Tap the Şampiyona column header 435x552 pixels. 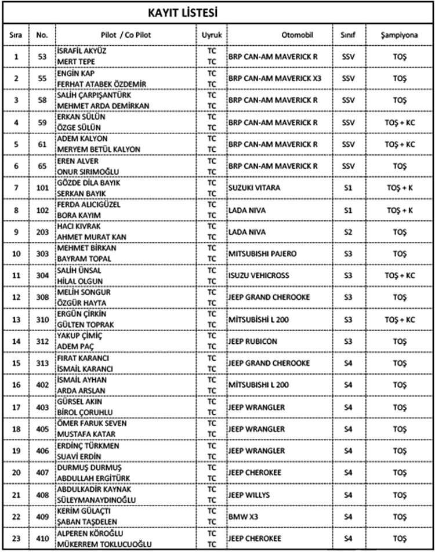pyautogui.click(x=400, y=35)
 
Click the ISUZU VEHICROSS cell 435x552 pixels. pyautogui.click(x=259, y=275)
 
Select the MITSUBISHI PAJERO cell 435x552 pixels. pyautogui.click(x=262, y=253)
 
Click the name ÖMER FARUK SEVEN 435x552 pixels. pyautogui.click(x=92, y=423)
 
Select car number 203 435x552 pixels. pyautogui.click(x=41, y=231)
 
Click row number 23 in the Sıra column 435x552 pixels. pyautogui.click(x=16, y=538)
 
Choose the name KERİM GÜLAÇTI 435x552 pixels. pyautogui.click(x=84, y=510)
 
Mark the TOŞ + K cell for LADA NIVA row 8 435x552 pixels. pyautogui.click(x=400, y=209)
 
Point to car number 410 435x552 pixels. pyautogui.click(x=41, y=538)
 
